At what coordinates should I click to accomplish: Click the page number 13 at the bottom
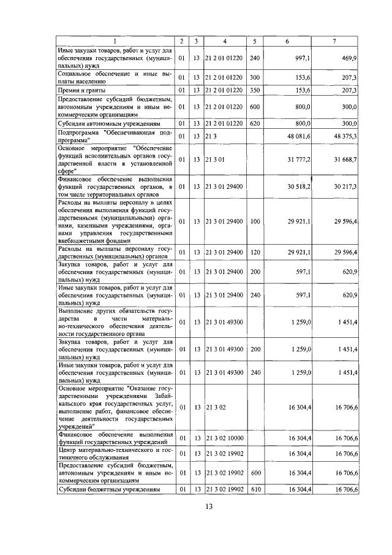(208, 506)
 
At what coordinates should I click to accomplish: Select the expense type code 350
(255, 90)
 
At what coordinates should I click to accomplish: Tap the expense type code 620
(255, 123)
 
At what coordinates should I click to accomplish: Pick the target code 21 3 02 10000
(224, 439)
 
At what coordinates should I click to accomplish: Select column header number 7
(334, 40)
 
